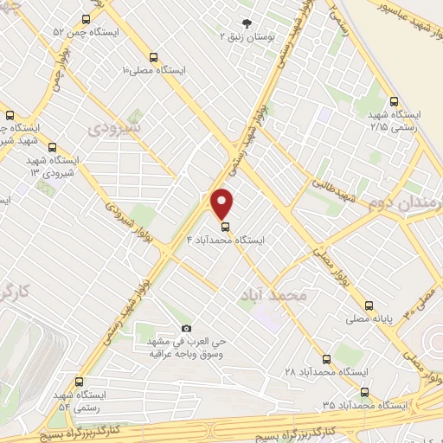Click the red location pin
(x=223, y=202)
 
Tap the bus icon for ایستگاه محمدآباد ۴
(x=224, y=228)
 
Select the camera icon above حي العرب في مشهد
(x=185, y=329)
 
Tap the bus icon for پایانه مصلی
(x=369, y=305)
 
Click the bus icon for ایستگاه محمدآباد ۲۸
(x=326, y=358)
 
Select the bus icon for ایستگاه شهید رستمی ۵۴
(x=80, y=381)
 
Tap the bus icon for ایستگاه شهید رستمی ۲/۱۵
(x=394, y=100)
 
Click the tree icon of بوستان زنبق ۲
(x=248, y=23)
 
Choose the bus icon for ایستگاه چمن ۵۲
(x=85, y=18)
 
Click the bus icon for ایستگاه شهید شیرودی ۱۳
(x=54, y=147)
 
